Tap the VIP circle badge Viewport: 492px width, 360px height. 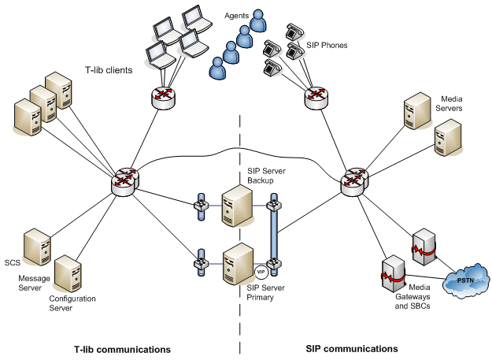pos(261,272)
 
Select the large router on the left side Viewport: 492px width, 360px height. pos(124,181)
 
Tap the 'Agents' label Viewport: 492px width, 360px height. pos(237,15)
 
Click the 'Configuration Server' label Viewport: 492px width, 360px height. pos(72,303)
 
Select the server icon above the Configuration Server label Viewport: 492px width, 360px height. pos(69,272)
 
